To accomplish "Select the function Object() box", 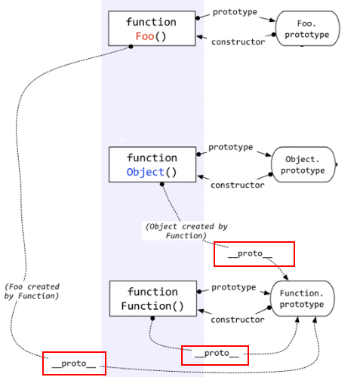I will (x=152, y=164).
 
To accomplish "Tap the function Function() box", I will (x=152, y=299).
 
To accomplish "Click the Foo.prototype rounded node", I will (x=307, y=29).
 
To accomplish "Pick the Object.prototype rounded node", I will (x=303, y=164).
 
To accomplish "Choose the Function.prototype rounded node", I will (x=302, y=299).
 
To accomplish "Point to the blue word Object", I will (x=145, y=172).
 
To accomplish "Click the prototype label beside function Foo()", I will (x=235, y=12).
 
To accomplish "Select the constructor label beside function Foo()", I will (x=238, y=42).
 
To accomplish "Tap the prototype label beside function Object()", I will (x=231, y=147).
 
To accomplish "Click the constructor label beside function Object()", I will (x=237, y=185).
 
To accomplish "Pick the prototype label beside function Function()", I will (x=234, y=287).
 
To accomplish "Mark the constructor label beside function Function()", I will (x=237, y=320).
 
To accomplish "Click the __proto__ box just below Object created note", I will (x=254, y=254).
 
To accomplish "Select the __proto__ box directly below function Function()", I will (x=215, y=354).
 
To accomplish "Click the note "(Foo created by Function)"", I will (x=32, y=292).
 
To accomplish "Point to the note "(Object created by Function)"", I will (x=186, y=231).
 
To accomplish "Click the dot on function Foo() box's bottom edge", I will (x=131, y=46).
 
